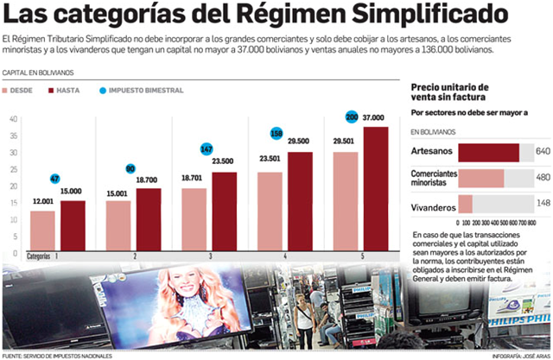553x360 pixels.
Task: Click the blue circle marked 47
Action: pyautogui.click(x=54, y=179)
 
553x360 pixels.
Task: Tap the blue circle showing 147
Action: pyautogui.click(x=207, y=148)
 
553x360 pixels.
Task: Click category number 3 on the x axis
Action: pyautogui.click(x=210, y=257)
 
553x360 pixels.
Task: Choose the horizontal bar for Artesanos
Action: pyautogui.click(x=488, y=152)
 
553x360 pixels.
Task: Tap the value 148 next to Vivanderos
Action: pyautogui.click(x=543, y=204)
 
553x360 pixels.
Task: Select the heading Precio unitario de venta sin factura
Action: pyautogui.click(x=449, y=92)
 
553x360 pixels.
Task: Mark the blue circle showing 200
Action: pyautogui.click(x=352, y=117)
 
